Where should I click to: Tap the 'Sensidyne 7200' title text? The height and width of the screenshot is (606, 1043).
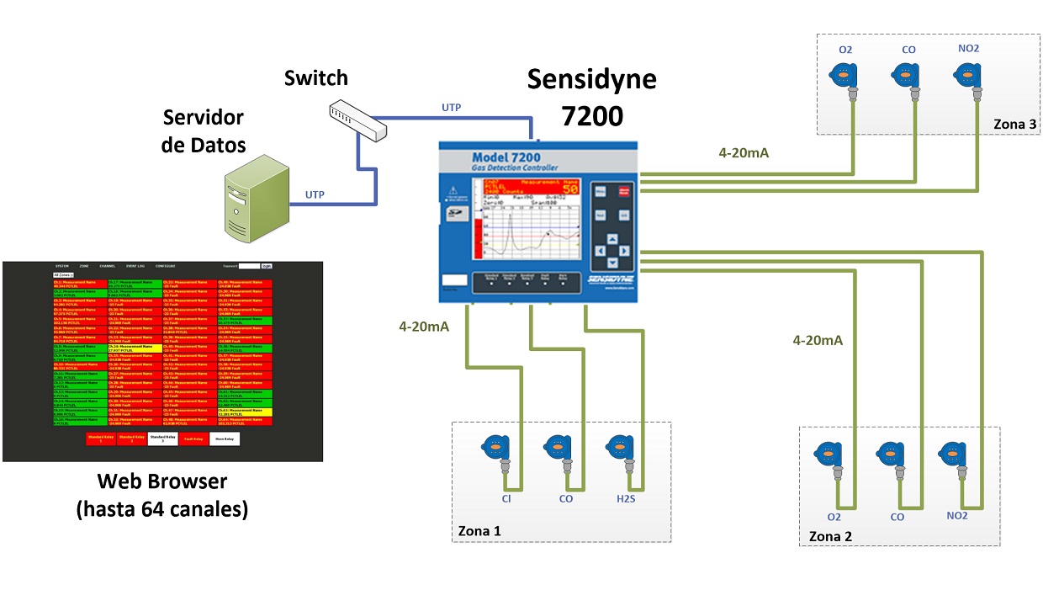coord(591,96)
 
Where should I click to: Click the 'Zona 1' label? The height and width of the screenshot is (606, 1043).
coord(479,531)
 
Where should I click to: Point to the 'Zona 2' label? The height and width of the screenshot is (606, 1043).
coord(830,536)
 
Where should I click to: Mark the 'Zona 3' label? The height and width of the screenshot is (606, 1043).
coord(1014,125)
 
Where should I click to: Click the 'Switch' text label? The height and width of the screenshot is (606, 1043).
coord(315,78)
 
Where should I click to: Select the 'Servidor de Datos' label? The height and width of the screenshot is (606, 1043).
coord(204,130)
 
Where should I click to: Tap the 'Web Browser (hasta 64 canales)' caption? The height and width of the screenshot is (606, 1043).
coord(162,495)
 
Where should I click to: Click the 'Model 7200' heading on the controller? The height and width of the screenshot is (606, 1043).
coord(506,157)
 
